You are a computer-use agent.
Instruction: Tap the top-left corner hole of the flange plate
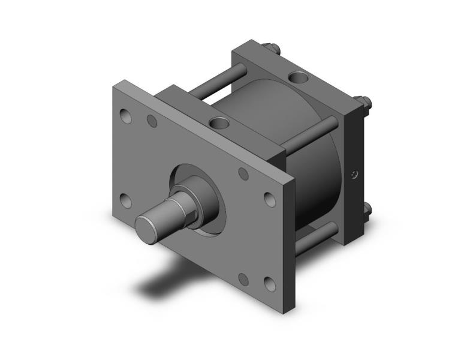coord(126,115)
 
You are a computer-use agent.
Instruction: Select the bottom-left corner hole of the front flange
coord(125,200)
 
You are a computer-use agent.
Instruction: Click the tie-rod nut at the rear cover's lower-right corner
coord(365,211)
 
